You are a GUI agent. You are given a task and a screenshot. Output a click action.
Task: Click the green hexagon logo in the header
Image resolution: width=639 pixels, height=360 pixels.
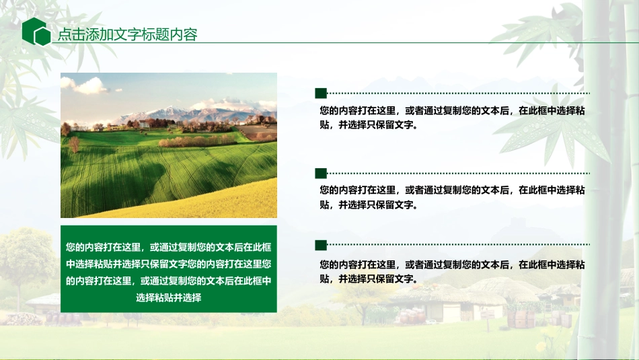click(x=36, y=32)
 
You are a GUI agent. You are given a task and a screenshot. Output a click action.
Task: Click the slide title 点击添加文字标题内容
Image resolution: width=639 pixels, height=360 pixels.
click(x=127, y=35)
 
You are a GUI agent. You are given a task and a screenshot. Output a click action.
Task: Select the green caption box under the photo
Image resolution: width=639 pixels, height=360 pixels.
click(x=168, y=271)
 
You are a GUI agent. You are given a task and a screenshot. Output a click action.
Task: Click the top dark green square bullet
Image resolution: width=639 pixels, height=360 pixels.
click(x=321, y=93)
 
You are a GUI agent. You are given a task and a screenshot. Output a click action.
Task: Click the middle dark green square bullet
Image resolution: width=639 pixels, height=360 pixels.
click(x=321, y=173)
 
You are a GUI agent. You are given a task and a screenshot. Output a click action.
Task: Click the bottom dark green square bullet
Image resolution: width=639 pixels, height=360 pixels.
click(x=321, y=245)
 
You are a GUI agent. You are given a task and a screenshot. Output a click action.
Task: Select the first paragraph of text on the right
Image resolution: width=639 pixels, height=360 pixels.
click(x=452, y=118)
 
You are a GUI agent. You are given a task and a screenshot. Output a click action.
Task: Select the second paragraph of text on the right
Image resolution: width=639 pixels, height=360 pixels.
click(x=452, y=197)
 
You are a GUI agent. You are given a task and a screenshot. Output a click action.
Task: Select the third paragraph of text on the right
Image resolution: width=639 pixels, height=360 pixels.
click(x=452, y=271)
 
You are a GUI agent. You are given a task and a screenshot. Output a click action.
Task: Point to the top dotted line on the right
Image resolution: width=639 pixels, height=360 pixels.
click(x=457, y=93)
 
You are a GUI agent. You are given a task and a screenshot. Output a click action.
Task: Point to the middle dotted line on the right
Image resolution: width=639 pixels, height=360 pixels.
click(x=457, y=173)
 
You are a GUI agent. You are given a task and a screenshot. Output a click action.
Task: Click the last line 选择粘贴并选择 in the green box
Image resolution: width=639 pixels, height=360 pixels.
click(x=168, y=297)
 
